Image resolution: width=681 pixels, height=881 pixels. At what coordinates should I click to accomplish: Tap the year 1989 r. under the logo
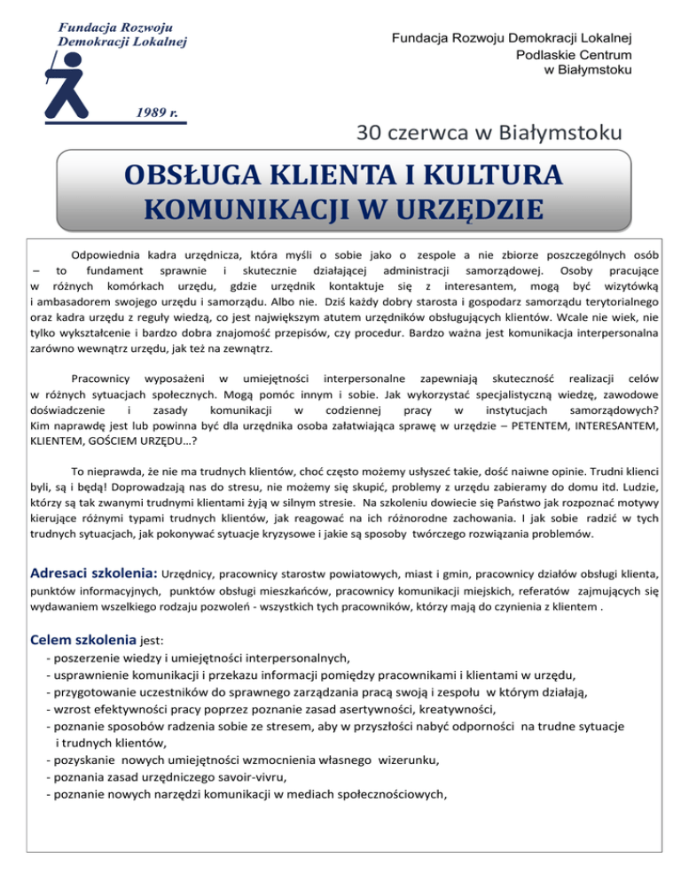(x=159, y=113)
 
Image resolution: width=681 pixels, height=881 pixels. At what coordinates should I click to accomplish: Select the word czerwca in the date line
(x=430, y=135)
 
